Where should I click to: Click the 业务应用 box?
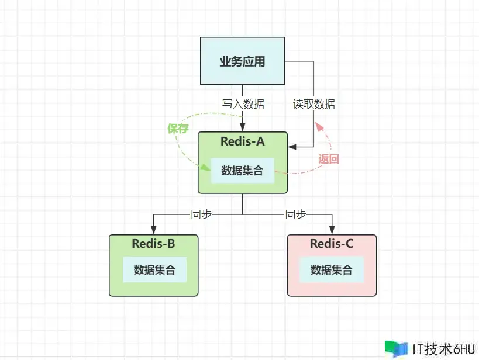point(242,61)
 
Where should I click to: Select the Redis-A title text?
point(243,141)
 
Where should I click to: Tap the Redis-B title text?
point(153,244)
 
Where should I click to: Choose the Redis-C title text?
point(332,244)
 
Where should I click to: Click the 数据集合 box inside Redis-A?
point(242,171)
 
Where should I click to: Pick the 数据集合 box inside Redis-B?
point(154,270)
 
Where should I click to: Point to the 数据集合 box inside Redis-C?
point(332,270)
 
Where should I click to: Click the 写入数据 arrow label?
point(243,104)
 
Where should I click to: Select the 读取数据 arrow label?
point(314,104)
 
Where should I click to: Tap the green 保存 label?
point(178,129)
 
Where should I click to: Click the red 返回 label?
point(329,158)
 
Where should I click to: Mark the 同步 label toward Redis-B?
point(201,214)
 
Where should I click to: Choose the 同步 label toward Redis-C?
point(295,214)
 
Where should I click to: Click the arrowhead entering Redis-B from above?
point(153,230)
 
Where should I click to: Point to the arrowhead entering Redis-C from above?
point(332,230)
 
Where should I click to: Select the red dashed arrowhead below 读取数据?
point(318,125)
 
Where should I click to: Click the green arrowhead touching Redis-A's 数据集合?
point(206,168)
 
